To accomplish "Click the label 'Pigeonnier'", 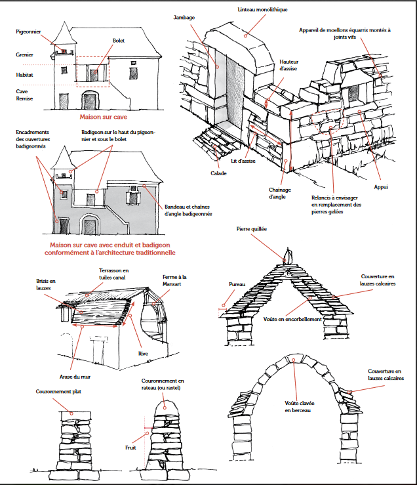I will point(28,30).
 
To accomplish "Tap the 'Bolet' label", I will point(118,41).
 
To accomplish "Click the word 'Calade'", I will point(218,173).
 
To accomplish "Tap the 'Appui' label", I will point(381,187).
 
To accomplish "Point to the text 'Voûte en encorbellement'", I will point(292,319).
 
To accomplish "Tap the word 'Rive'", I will point(142,353).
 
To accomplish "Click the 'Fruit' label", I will point(130,448).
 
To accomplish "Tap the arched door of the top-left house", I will point(90,100).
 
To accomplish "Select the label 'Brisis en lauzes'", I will point(45,284).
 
